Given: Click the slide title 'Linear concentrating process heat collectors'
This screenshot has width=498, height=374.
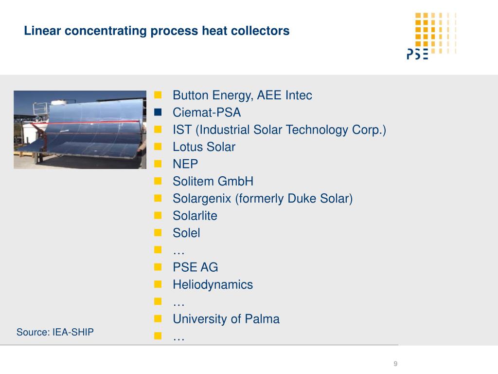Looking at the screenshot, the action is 157,31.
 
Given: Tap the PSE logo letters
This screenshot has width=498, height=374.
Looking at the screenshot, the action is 417,54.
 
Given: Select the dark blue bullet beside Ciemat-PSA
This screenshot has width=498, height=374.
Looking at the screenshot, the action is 158,112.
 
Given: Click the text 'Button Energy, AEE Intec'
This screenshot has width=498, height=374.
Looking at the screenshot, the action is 242,95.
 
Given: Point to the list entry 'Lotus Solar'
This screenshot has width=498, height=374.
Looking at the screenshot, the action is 204,147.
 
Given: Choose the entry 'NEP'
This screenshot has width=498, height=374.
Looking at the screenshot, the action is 185,164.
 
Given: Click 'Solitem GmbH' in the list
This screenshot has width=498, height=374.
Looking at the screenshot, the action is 213,181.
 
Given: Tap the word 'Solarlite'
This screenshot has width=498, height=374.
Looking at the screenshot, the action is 195,216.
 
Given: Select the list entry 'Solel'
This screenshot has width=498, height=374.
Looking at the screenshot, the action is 186,233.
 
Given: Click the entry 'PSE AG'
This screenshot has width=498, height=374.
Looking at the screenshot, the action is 196,267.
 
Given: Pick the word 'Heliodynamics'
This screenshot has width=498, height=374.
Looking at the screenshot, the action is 213,284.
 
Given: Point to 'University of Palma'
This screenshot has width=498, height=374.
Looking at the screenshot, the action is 226,319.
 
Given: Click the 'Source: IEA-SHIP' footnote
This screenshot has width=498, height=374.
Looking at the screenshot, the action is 55,332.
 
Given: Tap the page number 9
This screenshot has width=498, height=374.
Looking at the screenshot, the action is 395,363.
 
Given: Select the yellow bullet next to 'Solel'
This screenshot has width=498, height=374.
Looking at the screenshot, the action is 158,232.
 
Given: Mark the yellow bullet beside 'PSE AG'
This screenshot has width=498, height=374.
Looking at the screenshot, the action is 158,267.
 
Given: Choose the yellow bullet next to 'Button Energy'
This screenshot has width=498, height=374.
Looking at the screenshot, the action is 158,95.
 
